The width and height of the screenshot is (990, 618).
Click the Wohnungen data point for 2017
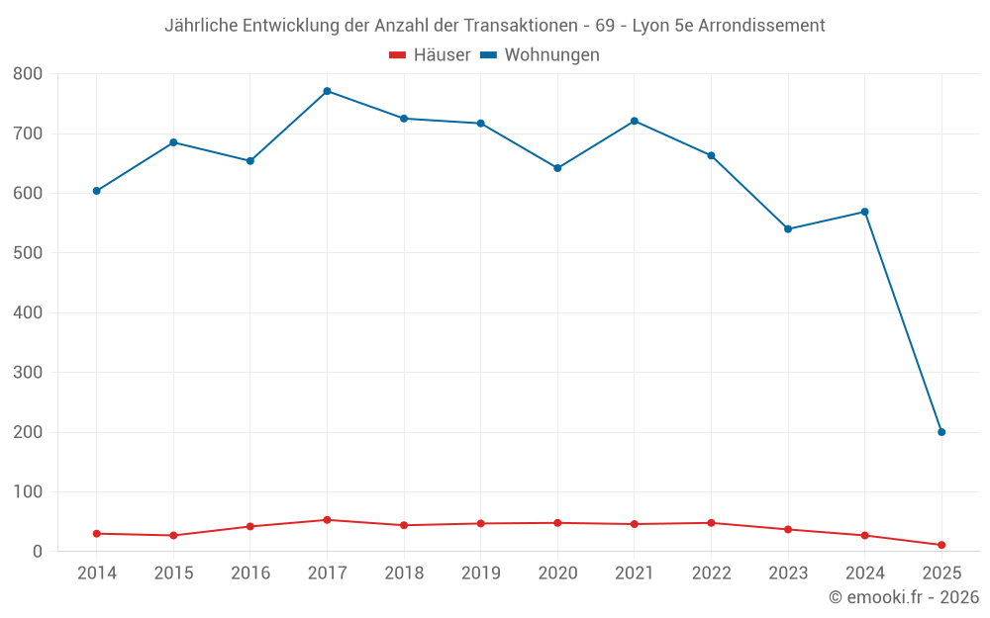pos(327,91)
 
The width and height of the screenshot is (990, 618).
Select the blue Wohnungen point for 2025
pos(941,432)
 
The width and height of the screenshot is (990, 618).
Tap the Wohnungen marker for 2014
pos(96,191)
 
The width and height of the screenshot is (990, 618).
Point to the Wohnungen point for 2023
pos(788,229)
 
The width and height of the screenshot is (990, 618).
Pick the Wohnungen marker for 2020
pos(557,168)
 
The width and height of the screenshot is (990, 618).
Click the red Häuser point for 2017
pos(327,520)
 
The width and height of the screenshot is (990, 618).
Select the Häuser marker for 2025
pos(941,545)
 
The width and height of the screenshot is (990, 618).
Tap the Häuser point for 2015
pos(173,536)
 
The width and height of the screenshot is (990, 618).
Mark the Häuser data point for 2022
pos(711,523)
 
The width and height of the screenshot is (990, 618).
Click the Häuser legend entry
pos(430,55)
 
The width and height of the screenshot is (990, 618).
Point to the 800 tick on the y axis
pos(28,74)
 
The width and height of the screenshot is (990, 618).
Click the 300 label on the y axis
pos(28,373)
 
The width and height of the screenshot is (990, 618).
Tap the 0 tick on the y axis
pos(38,552)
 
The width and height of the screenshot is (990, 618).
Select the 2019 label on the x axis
pos(480,574)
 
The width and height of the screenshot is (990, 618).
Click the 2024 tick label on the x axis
pos(864,574)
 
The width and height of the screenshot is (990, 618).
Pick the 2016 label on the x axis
pos(249,574)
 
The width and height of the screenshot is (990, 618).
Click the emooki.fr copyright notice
pos(903,597)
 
